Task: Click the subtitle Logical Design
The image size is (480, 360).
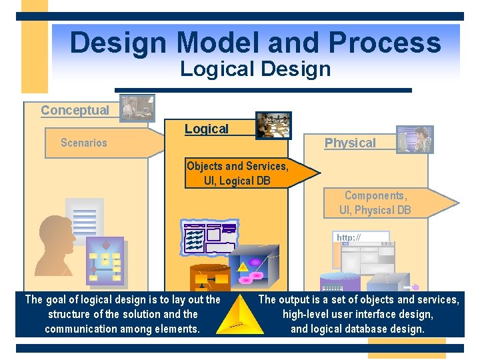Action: click(x=255, y=69)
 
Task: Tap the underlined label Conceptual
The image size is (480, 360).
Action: click(x=75, y=111)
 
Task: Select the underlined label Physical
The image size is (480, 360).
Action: click(x=350, y=143)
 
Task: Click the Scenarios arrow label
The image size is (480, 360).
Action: click(x=84, y=143)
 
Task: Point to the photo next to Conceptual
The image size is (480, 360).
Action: click(x=137, y=108)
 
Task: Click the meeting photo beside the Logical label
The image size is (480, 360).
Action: click(x=274, y=125)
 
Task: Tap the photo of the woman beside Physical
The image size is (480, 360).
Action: click(x=415, y=140)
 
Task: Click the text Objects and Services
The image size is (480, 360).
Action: click(x=237, y=167)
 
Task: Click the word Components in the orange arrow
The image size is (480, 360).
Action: click(x=375, y=195)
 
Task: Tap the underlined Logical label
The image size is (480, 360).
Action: click(x=207, y=129)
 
